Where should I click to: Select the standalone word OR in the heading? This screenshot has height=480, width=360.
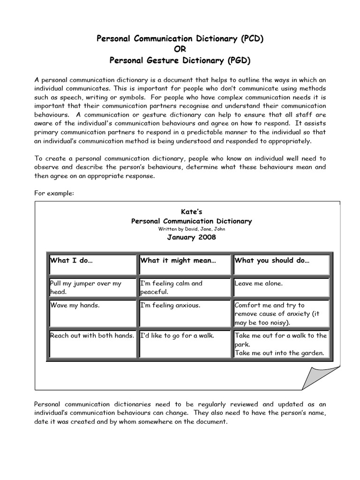(180, 49)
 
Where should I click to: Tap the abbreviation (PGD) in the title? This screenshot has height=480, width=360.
(239, 60)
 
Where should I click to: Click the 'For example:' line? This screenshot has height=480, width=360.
(54, 194)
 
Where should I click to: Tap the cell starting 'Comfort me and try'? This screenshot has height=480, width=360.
(282, 313)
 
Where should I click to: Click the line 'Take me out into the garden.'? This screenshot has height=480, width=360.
(280, 353)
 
